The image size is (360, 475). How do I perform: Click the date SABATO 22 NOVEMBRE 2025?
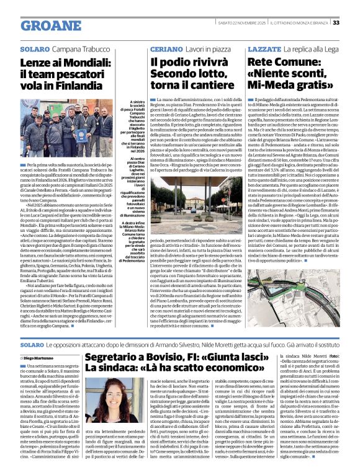pos(247,23)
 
